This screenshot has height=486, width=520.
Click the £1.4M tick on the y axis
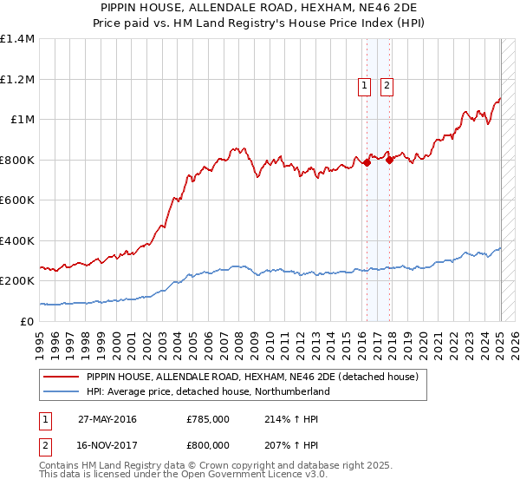[17, 39]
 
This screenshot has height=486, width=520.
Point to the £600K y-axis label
[17, 200]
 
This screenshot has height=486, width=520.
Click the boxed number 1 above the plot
[364, 85]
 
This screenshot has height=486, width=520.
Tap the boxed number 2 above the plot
[387, 85]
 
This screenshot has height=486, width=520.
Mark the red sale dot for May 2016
[367, 162]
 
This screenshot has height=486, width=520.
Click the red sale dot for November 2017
[390, 160]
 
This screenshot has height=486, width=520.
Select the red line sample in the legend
[62, 377]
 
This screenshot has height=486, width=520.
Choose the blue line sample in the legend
[62, 391]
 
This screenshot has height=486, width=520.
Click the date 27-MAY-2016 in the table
[107, 419]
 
